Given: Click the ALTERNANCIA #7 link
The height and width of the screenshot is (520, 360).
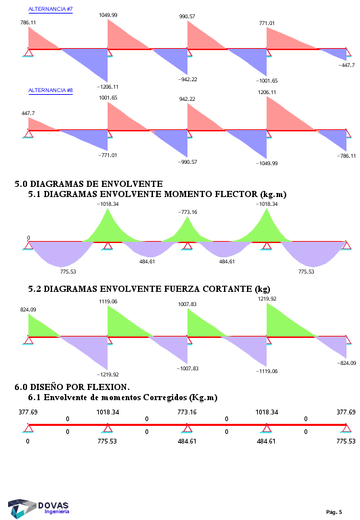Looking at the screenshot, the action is [x=50, y=9].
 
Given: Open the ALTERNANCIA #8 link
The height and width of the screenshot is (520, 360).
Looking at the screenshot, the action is [x=50, y=90].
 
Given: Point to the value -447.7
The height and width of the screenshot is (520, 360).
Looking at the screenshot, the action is [x=346, y=65].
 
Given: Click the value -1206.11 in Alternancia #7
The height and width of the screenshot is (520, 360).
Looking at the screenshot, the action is [x=108, y=87].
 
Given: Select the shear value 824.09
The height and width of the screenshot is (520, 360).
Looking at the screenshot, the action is [x=28, y=309].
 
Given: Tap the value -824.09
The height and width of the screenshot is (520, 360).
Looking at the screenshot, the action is [x=346, y=363].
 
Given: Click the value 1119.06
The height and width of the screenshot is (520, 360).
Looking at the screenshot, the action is [x=108, y=301].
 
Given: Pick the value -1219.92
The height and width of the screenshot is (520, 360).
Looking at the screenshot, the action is [x=108, y=374].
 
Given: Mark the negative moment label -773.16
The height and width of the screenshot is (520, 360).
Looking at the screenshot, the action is [x=187, y=212].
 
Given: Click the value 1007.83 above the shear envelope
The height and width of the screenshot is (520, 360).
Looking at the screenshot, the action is [x=187, y=304].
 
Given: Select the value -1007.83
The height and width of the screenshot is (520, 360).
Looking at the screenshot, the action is [x=187, y=368].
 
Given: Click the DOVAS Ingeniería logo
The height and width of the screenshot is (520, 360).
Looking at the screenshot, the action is [x=39, y=508].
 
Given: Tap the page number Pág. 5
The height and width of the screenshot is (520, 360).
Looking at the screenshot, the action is [x=334, y=512].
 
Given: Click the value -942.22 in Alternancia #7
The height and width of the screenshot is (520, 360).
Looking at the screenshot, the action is [x=187, y=79].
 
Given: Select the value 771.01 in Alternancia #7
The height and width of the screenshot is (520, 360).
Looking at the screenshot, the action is [x=267, y=23].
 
